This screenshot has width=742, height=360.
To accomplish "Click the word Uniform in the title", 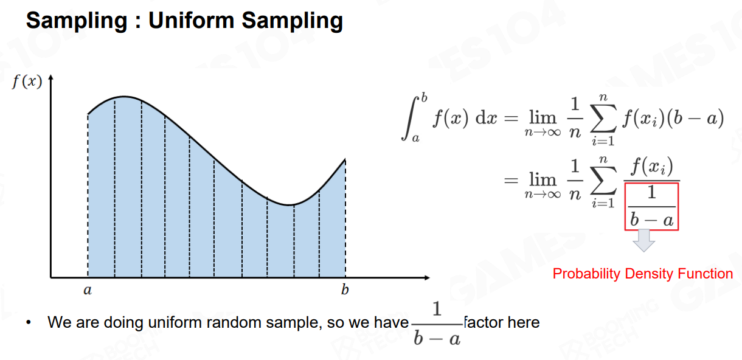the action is click(191, 21).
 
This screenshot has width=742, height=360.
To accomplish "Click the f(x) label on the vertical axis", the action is click(27, 81).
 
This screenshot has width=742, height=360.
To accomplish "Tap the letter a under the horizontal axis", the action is click(88, 290).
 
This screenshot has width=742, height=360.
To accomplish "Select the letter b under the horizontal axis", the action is click(345, 289).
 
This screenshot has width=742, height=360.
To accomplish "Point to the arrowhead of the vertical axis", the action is click(50, 77).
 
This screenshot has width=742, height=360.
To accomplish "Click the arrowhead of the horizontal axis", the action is click(427, 277).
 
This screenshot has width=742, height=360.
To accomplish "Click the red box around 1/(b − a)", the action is click(625, 207).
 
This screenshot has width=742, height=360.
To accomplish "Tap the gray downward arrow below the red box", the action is click(643, 240).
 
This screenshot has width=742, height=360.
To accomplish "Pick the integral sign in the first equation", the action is click(409, 118).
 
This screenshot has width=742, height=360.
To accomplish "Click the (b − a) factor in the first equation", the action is click(695, 118).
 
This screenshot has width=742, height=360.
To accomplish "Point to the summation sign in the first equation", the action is click(603, 118).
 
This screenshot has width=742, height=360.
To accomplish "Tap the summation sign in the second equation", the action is click(603, 180).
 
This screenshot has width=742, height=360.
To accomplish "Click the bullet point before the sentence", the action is click(29, 322).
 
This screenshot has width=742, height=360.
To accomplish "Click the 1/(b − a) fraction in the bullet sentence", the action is click(437, 324).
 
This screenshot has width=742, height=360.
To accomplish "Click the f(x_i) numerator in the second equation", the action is click(652, 167).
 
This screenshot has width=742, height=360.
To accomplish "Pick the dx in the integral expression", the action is click(487, 118).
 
